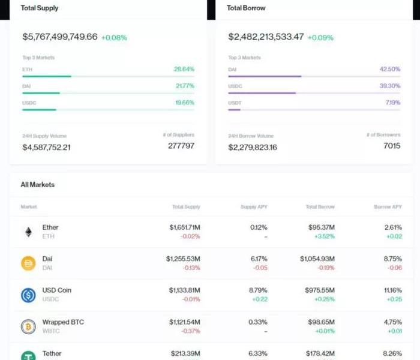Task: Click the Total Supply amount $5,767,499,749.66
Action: (60, 37)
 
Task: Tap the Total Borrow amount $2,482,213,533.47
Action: (266, 37)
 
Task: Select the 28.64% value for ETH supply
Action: (184, 69)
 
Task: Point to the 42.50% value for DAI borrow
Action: (389, 69)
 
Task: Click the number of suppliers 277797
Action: (181, 146)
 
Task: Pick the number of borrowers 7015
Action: (391, 146)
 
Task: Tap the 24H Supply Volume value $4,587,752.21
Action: (46, 147)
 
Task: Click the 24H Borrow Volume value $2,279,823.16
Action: (253, 147)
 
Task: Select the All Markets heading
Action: (38, 185)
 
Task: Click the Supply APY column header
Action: (254, 207)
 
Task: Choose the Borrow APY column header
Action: (387, 207)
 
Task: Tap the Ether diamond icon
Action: (28, 232)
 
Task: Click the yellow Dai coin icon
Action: (28, 263)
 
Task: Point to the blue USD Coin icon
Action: (28, 295)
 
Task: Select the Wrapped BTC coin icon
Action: (28, 326)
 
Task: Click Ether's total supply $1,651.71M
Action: (184, 227)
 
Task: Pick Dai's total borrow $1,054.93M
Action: (317, 259)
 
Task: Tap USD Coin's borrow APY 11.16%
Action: (393, 290)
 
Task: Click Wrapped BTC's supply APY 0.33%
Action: (259, 322)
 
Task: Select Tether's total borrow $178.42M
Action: (320, 353)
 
